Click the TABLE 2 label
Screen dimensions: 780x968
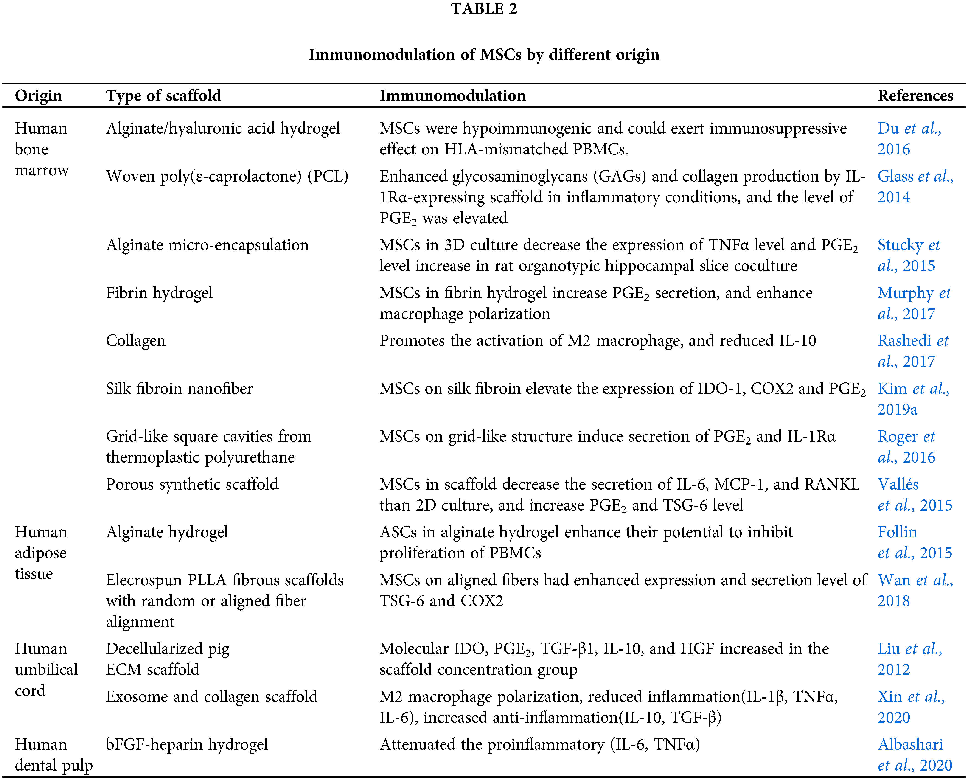(x=484, y=9)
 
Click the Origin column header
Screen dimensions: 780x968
(x=39, y=96)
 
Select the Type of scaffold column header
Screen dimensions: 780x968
(x=163, y=96)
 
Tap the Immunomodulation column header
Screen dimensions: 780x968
(x=452, y=96)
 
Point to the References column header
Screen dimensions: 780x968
(x=915, y=96)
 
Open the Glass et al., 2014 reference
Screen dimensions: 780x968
(x=915, y=186)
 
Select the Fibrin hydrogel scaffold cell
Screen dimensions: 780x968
(x=159, y=293)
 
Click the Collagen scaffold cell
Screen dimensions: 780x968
(x=136, y=341)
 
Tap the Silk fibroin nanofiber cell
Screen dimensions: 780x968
(x=179, y=389)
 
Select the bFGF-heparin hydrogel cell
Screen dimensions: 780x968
(x=187, y=744)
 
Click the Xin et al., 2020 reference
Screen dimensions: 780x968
(x=911, y=707)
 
